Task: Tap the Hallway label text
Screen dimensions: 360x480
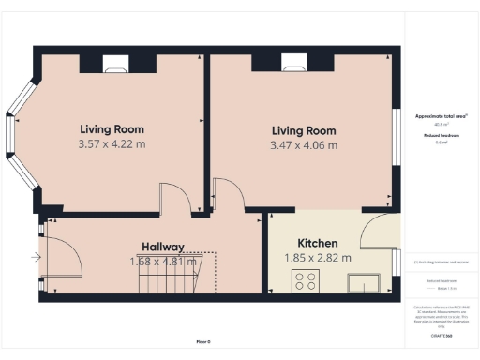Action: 162,247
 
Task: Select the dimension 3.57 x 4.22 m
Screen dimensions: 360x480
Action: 112,144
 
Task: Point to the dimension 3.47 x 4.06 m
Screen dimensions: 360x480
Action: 304,145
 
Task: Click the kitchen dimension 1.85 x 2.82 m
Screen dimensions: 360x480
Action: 318,258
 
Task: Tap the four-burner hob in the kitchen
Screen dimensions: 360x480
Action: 306,280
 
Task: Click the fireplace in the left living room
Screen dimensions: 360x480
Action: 114,64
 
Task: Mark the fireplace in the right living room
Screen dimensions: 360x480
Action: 293,64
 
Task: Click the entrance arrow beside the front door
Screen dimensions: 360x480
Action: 36,256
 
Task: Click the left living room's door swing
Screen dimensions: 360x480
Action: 175,198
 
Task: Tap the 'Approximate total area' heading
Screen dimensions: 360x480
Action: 441,115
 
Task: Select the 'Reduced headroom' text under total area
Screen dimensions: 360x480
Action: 441,135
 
